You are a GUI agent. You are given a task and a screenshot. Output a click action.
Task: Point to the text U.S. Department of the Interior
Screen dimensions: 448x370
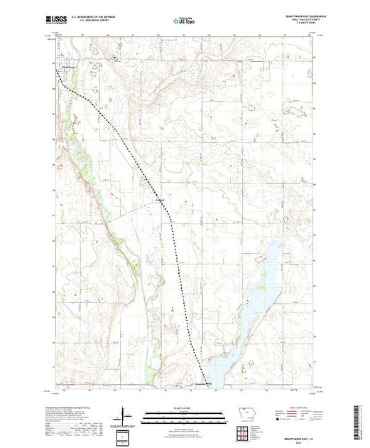click(x=104, y=18)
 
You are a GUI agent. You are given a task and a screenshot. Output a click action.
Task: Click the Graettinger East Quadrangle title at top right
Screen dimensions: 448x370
click(x=290, y=17)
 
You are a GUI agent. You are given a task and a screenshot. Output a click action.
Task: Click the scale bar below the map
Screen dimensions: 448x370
click(x=183, y=414)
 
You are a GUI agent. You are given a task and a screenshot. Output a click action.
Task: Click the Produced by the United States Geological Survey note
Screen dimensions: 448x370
click(x=71, y=405)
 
